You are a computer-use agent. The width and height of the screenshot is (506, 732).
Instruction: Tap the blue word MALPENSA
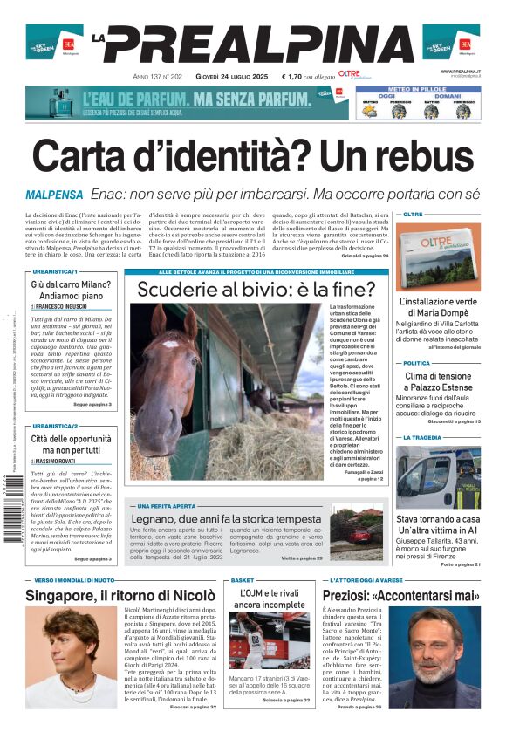click(54, 194)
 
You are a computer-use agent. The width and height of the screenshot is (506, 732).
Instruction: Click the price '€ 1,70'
click(294, 77)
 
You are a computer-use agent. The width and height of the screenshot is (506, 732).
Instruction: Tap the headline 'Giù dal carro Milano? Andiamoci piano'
click(71, 291)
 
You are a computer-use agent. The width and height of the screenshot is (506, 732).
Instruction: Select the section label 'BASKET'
click(243, 580)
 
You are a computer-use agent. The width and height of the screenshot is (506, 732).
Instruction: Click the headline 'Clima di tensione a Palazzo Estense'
click(439, 382)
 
